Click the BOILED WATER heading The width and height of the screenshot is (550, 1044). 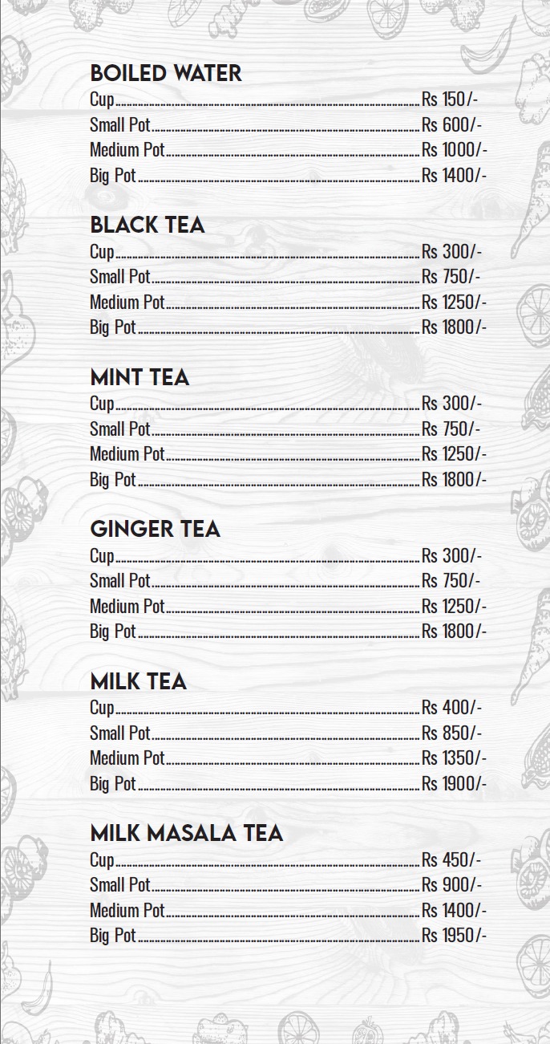tap(165, 73)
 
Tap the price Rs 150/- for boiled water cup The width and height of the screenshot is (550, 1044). tap(450, 100)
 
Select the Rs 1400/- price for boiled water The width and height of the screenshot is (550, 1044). tap(454, 176)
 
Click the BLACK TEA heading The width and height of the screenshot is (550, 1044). tap(148, 225)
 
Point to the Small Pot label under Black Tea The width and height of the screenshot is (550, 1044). tap(120, 277)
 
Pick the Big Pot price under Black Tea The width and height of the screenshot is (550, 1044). tap(454, 327)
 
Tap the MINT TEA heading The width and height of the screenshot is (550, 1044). tap(140, 377)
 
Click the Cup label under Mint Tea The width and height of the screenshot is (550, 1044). tap(102, 404)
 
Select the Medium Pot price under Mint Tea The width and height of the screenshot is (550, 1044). tap(454, 454)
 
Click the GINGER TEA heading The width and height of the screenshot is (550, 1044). tap(155, 529)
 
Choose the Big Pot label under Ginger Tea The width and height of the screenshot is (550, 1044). tap(113, 632)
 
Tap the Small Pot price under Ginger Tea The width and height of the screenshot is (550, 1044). tap(451, 581)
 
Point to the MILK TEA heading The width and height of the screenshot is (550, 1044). tap(138, 681)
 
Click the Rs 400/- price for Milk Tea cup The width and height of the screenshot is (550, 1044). tap(451, 708)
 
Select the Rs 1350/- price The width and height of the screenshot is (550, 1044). tap(454, 758)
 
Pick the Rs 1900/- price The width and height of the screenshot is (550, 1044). tap(454, 784)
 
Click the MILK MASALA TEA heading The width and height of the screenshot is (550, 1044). tap(187, 833)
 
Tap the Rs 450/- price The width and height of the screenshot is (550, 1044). tap(451, 860)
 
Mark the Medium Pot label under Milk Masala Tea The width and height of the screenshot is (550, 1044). tap(127, 911)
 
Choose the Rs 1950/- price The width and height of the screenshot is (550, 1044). tap(454, 936)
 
